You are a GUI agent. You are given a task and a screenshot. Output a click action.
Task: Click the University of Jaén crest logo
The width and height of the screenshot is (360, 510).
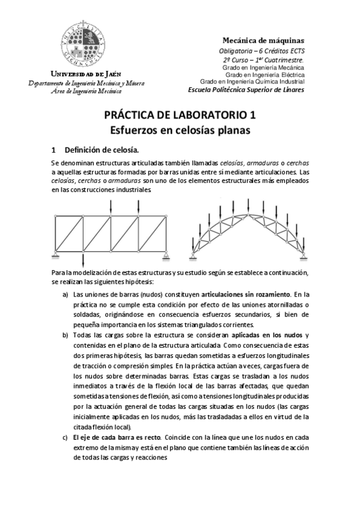coord(81,44)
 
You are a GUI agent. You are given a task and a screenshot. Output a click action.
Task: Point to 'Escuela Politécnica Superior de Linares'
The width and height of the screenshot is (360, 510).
coord(246,90)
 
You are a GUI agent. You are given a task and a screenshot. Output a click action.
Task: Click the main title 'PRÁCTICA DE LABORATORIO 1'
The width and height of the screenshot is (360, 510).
coord(180,114)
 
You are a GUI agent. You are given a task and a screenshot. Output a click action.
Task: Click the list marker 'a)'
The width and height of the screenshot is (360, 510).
coord(66,294)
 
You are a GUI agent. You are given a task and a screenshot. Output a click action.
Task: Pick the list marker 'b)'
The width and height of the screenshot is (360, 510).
coord(66,335)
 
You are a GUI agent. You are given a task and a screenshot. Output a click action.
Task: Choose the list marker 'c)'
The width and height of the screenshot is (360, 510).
coord(66,437)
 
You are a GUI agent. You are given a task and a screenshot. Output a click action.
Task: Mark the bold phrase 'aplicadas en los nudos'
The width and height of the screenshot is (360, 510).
coord(266,335)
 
